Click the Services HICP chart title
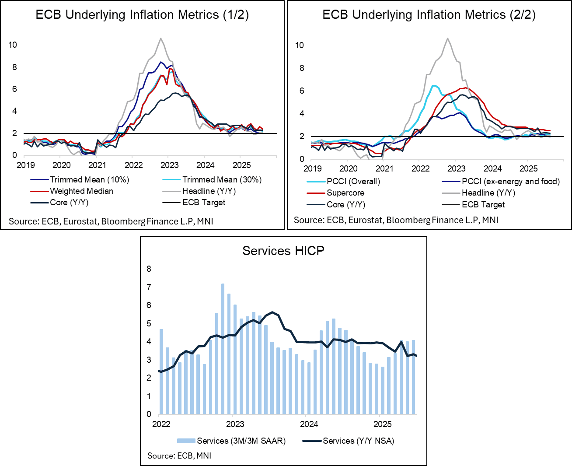coord(283,251)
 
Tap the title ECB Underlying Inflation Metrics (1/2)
coord(142,15)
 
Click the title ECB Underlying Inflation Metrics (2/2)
coord(429,15)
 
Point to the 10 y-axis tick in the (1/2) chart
coord(13,45)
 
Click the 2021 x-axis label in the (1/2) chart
coord(97,165)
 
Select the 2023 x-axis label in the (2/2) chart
coord(456,169)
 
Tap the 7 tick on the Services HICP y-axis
coord(149,287)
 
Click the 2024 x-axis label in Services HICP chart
coord(309,424)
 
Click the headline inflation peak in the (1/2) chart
coord(161,39)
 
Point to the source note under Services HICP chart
coord(179,456)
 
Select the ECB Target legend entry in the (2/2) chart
coord(483,205)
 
